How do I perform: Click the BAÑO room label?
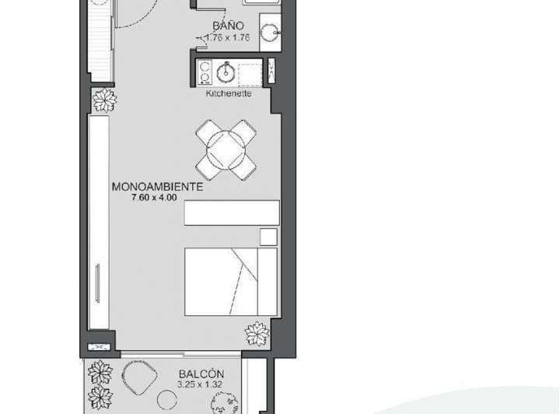tap(228, 26)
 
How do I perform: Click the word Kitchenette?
tap(228, 93)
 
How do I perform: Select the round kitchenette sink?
tap(226, 73)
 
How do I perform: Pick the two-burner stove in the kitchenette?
tap(205, 72)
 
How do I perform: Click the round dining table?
tap(226, 149)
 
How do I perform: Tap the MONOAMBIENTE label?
tap(157, 187)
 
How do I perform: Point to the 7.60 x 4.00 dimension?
tap(156, 198)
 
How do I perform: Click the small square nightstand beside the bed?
tap(268, 237)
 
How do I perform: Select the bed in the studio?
tap(230, 282)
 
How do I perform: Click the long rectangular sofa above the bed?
tap(232, 212)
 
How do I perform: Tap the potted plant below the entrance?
tap(104, 100)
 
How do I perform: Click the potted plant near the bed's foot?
tap(257, 333)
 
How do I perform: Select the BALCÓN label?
tap(201, 374)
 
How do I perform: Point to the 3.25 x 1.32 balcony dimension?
tap(201, 384)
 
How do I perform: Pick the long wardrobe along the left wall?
tap(99, 222)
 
